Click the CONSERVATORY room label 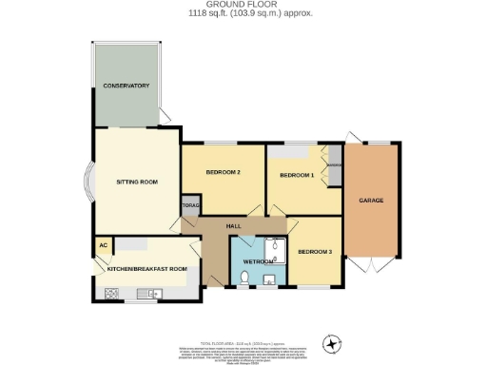point(127,86)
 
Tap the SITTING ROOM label point(136,181)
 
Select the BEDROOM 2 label point(222,172)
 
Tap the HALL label point(233,225)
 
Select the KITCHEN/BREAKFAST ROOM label point(146,269)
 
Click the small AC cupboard point(102,244)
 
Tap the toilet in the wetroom point(243,278)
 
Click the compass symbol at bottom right point(332,343)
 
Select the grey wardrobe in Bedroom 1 point(333,172)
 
